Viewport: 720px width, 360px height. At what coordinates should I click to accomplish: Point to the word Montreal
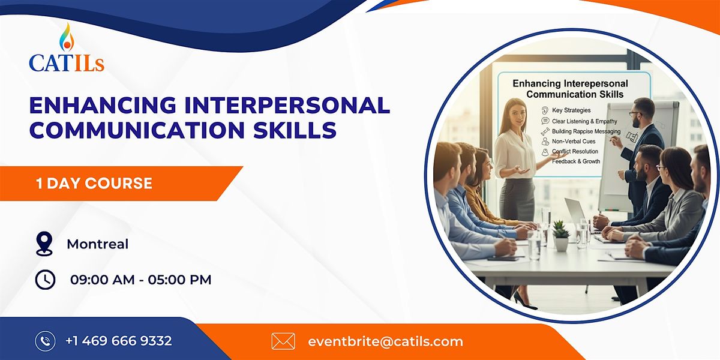point(98,244)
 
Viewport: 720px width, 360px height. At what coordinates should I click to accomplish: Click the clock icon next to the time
point(45,280)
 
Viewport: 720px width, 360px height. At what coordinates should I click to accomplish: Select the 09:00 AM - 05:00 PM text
point(140,280)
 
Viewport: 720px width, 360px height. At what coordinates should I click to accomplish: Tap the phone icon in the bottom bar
point(45,341)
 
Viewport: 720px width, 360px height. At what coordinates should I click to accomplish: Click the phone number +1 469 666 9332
point(118,341)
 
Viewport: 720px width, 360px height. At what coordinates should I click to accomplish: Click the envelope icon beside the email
point(283,341)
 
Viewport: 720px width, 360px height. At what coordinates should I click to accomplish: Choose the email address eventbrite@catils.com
point(385,341)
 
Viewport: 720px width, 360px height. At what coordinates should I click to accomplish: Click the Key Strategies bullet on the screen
point(571,110)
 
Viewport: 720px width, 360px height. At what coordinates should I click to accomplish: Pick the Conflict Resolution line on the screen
point(575,151)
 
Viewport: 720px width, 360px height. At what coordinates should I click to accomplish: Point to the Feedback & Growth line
point(575,161)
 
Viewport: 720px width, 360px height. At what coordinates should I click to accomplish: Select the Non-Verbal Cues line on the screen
point(573,141)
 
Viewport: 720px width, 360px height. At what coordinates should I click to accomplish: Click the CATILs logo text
point(67,62)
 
